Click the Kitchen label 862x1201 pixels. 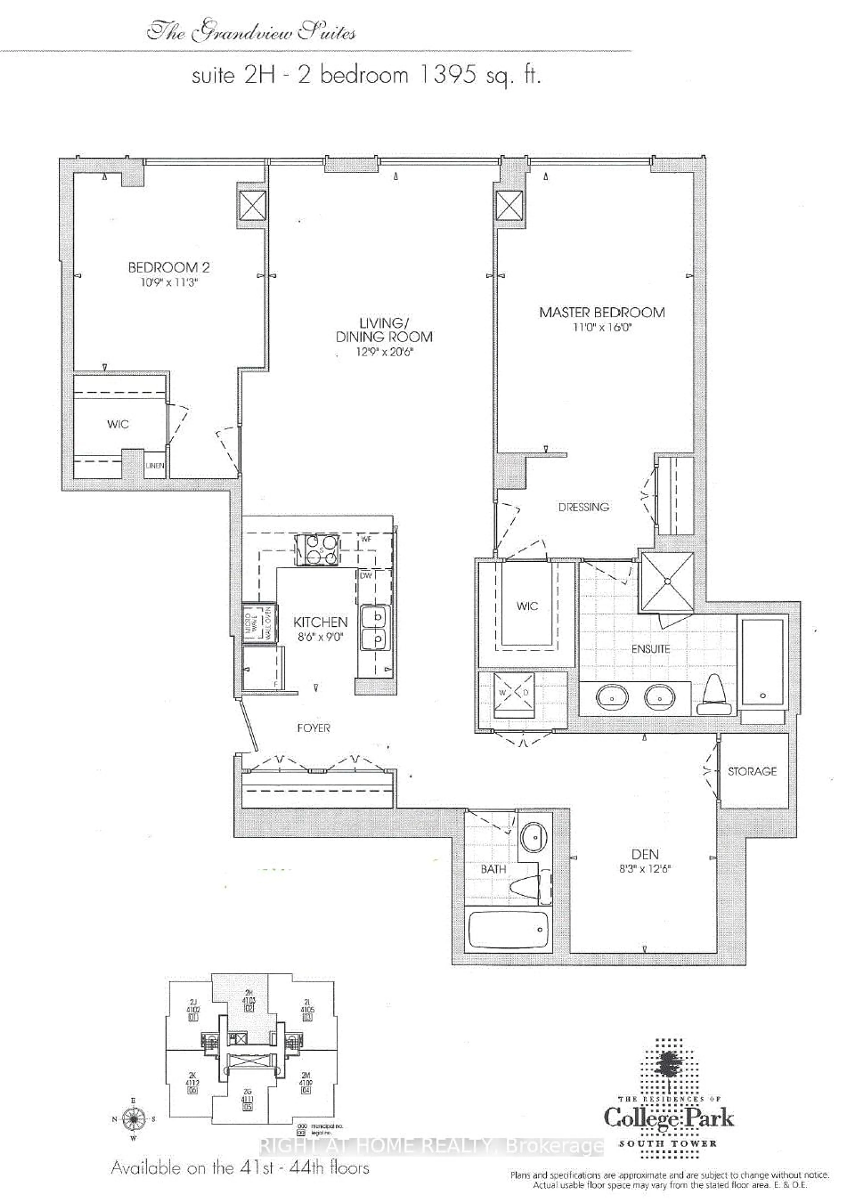tap(320, 622)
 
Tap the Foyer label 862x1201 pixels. tap(313, 728)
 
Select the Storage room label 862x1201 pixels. tap(752, 772)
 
